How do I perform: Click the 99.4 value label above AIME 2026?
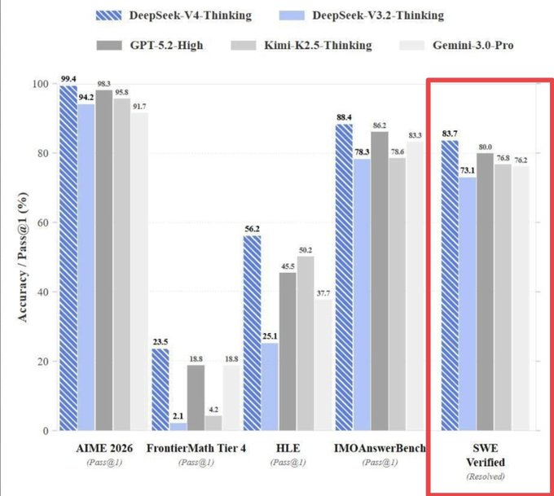point(68,79)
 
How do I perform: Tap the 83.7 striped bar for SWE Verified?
point(449,285)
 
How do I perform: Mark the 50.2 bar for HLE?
point(306,343)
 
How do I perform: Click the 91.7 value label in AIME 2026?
point(139,106)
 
